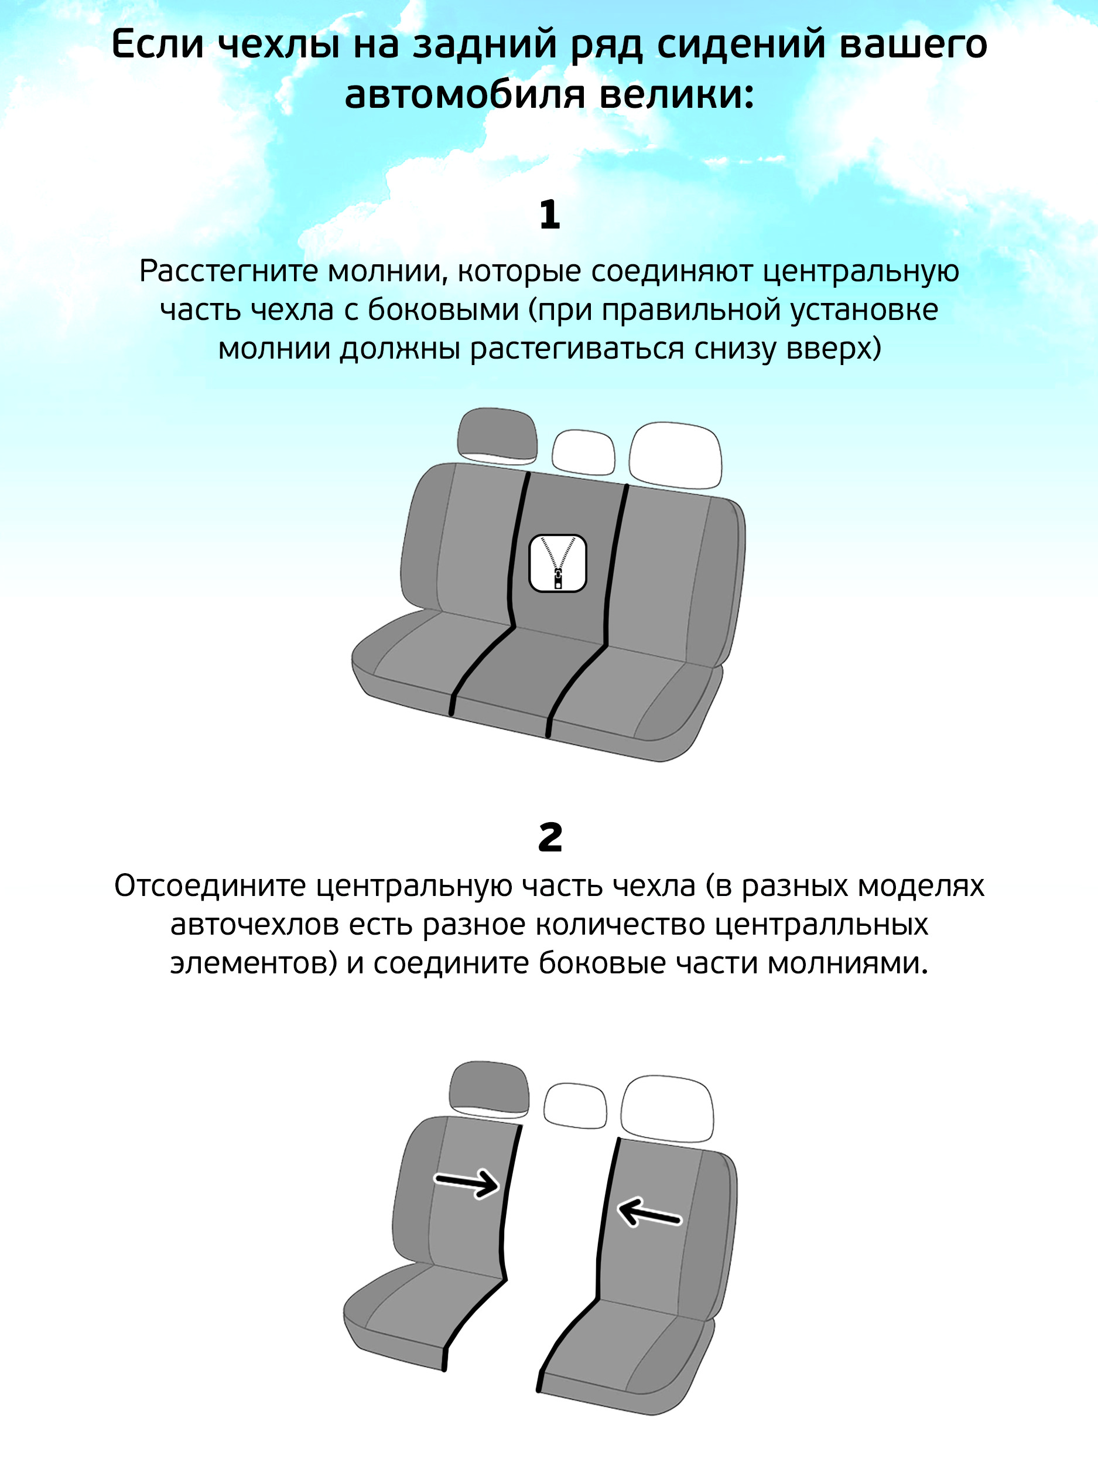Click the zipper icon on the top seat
pyautogui.click(x=557, y=563)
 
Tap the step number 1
pyautogui.click(x=549, y=215)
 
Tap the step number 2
pyautogui.click(x=550, y=838)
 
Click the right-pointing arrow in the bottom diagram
pyautogui.click(x=466, y=1182)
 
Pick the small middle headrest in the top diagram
pyautogui.click(x=583, y=452)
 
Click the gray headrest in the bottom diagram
pyautogui.click(x=489, y=1088)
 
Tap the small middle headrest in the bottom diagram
pyautogui.click(x=575, y=1105)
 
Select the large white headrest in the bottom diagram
pyautogui.click(x=666, y=1108)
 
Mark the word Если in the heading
pyautogui.click(x=157, y=45)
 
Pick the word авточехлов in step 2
pyautogui.click(x=254, y=925)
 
